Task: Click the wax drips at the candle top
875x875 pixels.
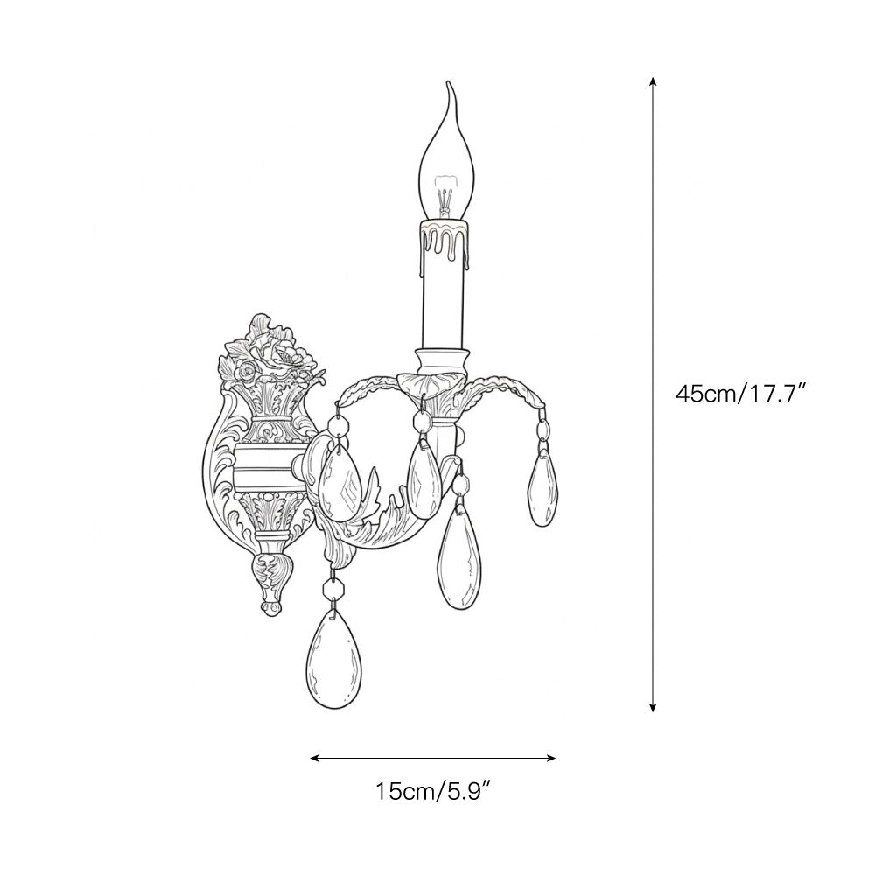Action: pos(444,241)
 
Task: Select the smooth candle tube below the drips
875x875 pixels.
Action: pos(443,307)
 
